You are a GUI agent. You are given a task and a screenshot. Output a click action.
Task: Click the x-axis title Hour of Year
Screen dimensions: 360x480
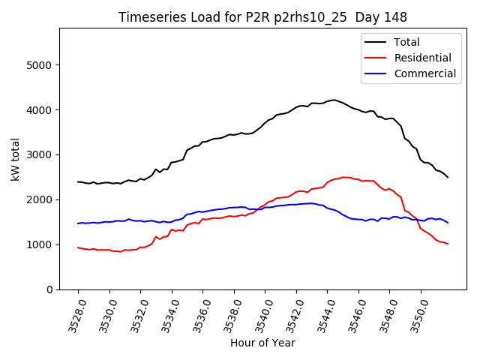tap(262, 343)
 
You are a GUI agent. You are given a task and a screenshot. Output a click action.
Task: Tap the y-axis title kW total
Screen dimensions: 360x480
tap(16, 159)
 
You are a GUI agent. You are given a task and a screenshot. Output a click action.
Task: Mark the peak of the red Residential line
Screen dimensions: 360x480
tap(344, 177)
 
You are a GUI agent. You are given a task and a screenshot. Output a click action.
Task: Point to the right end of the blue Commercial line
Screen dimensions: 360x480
tap(448, 223)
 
